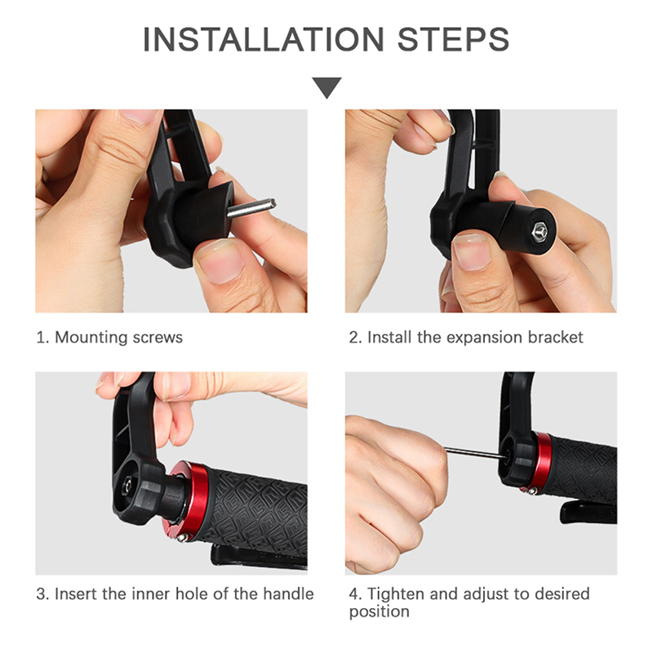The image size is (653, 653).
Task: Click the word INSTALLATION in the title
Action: tap(263, 39)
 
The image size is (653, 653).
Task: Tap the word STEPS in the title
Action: tap(454, 39)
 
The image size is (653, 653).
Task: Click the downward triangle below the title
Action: tap(327, 87)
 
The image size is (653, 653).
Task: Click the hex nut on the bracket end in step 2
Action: tap(540, 231)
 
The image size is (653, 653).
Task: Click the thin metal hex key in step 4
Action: tap(475, 453)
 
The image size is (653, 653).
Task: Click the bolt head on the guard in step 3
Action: tap(127, 486)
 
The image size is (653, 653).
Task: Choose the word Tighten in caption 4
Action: tap(396, 594)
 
